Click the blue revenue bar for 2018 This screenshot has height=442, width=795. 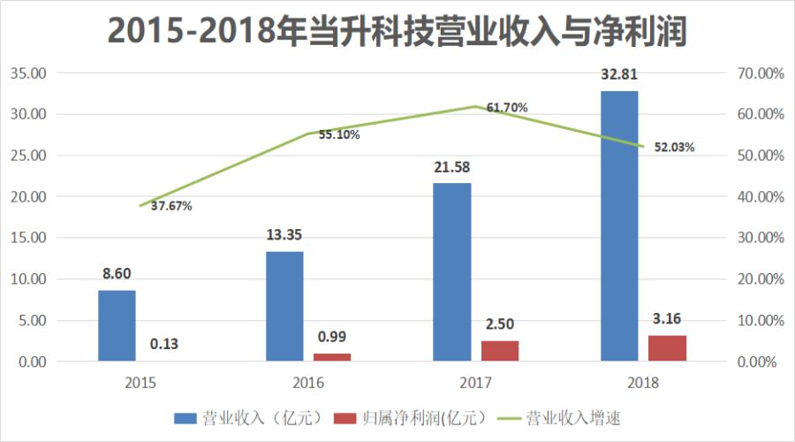618,226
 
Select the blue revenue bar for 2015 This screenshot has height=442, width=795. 117,325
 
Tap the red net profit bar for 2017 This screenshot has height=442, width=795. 500,351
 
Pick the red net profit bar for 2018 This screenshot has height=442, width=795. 667,348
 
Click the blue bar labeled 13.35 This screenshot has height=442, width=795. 284,306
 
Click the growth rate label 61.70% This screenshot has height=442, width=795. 507,108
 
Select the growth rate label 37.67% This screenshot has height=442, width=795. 171,206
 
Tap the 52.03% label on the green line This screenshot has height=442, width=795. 674,148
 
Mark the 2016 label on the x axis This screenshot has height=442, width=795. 308,383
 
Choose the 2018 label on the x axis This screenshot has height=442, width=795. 642,383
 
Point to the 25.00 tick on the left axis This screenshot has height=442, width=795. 27,156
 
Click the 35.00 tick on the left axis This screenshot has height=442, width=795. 27,73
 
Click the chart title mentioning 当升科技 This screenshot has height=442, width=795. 397,31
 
